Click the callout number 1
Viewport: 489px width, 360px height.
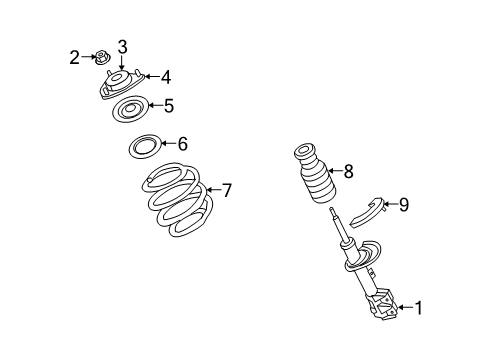click(x=418, y=308)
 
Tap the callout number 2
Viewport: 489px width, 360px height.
click(x=74, y=58)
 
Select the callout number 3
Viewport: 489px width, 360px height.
click(x=122, y=46)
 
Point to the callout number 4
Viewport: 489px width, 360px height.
click(x=166, y=76)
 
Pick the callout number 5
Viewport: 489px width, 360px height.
click(x=169, y=104)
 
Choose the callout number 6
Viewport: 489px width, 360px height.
click(x=182, y=145)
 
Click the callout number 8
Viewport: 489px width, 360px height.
click(x=348, y=171)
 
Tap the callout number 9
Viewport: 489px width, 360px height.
click(x=403, y=205)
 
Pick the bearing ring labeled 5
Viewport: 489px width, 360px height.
click(x=129, y=109)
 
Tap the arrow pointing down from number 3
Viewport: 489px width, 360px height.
click(x=122, y=63)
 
